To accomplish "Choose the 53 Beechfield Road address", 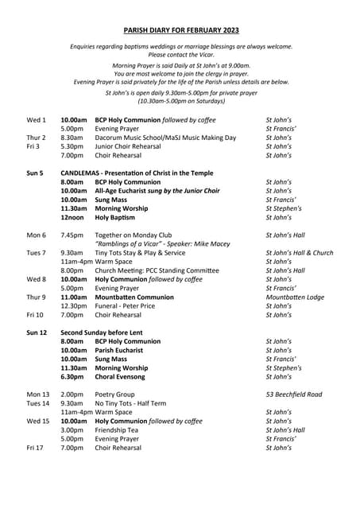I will (x=293, y=394).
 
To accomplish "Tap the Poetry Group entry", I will (x=114, y=394).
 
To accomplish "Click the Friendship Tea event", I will (x=120, y=429).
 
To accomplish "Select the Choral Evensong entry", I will (x=123, y=377).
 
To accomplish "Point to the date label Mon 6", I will (x=37, y=235).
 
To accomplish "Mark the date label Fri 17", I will (x=35, y=448).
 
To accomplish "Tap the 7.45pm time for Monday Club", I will (x=72, y=235).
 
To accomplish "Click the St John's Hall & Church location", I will (x=300, y=253).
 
